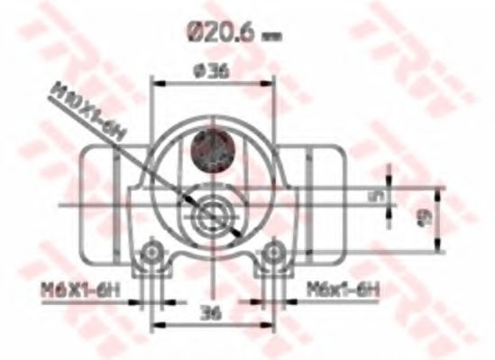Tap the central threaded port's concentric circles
click(214, 217)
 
